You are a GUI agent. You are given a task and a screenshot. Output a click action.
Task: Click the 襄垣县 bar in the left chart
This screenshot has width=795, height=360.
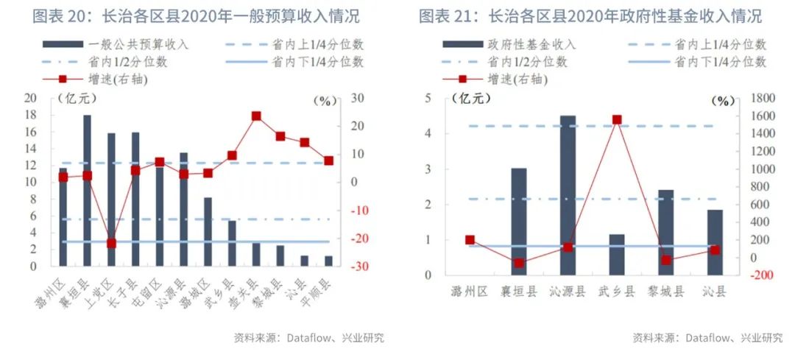click(x=87, y=191)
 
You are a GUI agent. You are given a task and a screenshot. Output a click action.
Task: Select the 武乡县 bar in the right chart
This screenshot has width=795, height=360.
click(x=617, y=255)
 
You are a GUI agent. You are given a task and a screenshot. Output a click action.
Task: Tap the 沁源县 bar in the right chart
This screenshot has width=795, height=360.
click(x=568, y=195)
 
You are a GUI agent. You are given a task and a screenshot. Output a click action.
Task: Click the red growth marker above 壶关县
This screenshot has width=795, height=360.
click(x=256, y=116)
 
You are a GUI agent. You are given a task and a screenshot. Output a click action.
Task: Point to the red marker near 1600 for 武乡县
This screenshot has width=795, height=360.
click(x=617, y=119)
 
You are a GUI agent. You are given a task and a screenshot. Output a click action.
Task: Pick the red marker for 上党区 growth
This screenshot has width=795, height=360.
click(x=111, y=243)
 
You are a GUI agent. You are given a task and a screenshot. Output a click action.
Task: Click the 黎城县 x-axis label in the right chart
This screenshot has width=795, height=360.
click(x=665, y=292)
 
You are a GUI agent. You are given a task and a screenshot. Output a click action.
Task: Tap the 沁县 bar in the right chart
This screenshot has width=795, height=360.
click(x=715, y=242)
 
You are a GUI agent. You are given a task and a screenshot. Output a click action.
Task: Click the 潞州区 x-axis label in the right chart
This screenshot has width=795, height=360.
click(x=470, y=292)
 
